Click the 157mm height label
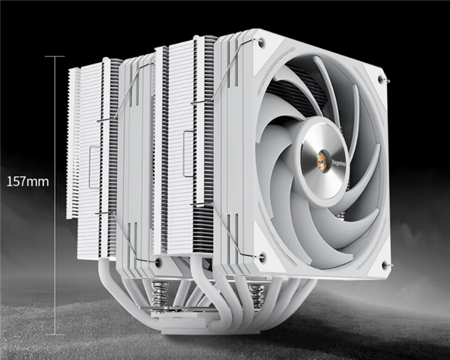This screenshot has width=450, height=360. click(x=27, y=181)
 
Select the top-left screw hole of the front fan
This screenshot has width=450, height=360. click(x=260, y=44)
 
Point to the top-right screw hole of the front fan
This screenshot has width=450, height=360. click(x=383, y=78)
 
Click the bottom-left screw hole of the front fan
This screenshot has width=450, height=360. click(x=262, y=257)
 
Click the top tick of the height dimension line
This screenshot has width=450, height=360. click(x=55, y=55)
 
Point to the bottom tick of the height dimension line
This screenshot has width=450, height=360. click(x=55, y=334)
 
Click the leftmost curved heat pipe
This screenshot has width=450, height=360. click(x=112, y=277)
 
